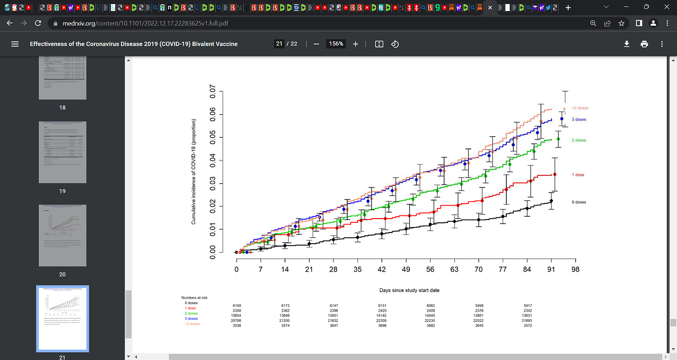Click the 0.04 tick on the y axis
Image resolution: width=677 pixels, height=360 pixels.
click(213, 160)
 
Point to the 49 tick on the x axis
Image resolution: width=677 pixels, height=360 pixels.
click(406, 270)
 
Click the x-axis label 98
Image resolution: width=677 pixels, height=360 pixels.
click(575, 270)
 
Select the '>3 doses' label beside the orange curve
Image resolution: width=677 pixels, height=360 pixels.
click(580, 108)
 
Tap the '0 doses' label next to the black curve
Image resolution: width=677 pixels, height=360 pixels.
click(579, 202)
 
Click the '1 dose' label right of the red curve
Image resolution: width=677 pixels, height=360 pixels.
click(578, 175)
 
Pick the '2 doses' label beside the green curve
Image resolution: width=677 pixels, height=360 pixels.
click(579, 140)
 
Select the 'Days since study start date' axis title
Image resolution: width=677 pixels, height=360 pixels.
click(409, 290)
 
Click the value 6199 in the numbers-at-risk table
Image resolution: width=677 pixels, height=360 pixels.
click(237, 306)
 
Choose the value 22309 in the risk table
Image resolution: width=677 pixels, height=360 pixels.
click(383, 320)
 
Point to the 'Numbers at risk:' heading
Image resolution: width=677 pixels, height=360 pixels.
click(195, 297)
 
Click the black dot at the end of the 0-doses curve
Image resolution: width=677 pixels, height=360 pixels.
click(551, 201)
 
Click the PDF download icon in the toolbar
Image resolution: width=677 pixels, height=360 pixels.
click(626, 44)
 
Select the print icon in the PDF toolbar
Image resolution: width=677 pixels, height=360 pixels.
click(644, 44)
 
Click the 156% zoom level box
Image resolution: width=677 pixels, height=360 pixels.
click(336, 44)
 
